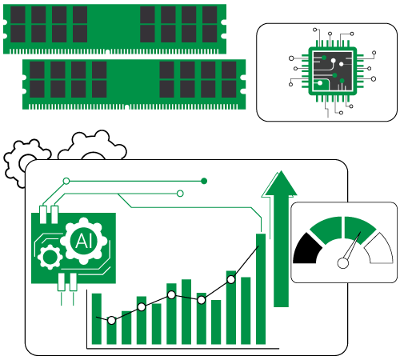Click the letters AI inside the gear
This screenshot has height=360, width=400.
(83, 241)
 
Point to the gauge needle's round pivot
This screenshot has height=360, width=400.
(343, 263)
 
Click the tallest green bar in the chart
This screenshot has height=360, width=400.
(261, 289)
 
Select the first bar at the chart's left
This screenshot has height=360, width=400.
(97, 318)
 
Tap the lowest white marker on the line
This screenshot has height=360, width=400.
(111, 320)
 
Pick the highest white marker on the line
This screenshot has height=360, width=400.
(231, 279)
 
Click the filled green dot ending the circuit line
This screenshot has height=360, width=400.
(204, 182)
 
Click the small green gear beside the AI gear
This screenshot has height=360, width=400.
(50, 257)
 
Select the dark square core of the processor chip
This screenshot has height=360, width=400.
(333, 70)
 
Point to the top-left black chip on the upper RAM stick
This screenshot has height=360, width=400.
(18, 14)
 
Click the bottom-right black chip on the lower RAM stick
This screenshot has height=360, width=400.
(229, 89)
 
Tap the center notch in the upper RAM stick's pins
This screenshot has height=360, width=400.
(107, 52)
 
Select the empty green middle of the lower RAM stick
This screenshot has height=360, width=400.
(133, 79)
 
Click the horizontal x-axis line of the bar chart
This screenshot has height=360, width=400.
(183, 348)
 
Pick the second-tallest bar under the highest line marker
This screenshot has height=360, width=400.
(231, 307)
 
